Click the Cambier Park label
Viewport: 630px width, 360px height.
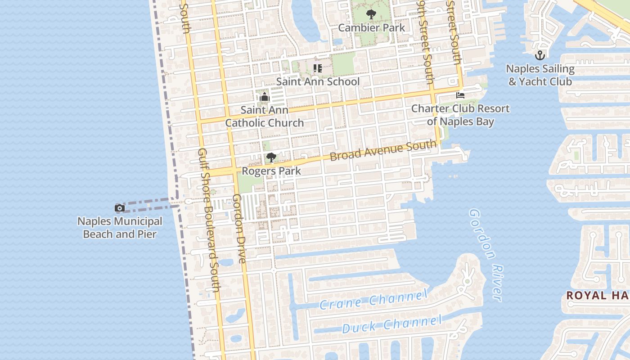(371, 27)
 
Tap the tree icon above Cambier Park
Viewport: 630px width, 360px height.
(371, 15)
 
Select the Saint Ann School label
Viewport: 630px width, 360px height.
(318, 81)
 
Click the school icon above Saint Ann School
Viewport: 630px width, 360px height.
(318, 68)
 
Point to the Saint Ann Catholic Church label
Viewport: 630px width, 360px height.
(265, 116)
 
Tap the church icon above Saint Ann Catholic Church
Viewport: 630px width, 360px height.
(265, 97)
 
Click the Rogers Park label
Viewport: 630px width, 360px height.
(271, 171)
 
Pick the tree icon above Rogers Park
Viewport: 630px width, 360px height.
(271, 157)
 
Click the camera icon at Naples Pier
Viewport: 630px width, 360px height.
(120, 208)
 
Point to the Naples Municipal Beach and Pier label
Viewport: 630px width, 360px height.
(120, 228)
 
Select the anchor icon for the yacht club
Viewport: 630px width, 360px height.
(540, 56)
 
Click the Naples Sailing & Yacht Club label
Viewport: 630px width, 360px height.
(540, 75)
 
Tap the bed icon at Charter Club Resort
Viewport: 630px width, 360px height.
(460, 95)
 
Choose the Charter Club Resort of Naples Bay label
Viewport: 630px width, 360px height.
(460, 115)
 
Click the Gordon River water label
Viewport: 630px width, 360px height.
(486, 255)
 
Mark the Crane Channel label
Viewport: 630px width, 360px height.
(373, 300)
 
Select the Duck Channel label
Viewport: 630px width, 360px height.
(392, 324)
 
